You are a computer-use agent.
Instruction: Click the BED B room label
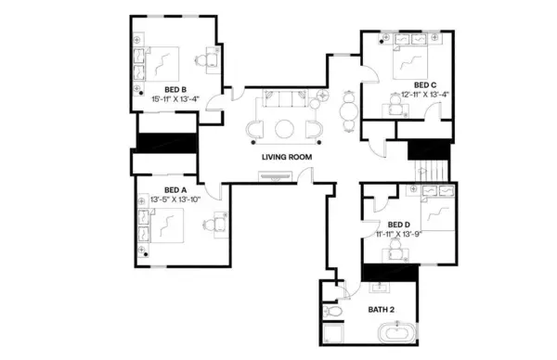176,89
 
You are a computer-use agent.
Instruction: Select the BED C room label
412,85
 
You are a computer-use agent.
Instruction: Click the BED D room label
399,225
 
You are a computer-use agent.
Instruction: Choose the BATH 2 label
382,309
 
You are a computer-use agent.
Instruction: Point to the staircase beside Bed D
429,171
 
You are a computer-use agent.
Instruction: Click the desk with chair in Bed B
212,60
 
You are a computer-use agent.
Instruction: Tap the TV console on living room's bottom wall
285,178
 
